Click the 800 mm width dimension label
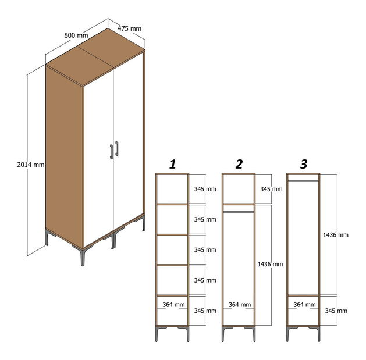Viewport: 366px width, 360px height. tap(76, 35)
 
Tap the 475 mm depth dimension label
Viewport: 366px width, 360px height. tap(129, 28)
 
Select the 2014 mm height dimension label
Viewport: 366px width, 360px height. tap(31, 165)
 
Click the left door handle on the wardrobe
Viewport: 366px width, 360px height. tap(112, 152)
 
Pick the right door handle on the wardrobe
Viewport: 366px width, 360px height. tap(117, 148)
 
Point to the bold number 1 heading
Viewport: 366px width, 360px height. tap(172, 164)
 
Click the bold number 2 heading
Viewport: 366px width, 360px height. tap(239, 164)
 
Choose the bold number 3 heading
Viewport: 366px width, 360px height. tap(304, 164)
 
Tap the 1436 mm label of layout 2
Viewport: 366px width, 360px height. tap(270, 265)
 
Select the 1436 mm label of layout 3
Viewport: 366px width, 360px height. tap(336, 235)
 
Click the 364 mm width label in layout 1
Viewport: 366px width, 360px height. tap(173, 305)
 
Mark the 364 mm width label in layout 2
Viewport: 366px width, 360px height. tap(240, 305)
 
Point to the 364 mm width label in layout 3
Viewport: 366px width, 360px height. tap(304, 305)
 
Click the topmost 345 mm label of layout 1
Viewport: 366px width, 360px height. tap(205, 189)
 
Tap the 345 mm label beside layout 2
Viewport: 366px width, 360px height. tap(272, 189)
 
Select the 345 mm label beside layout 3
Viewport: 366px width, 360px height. tap(336, 311)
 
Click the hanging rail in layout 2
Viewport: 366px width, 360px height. tap(239, 212)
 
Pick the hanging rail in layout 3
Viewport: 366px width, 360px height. tap(303, 181)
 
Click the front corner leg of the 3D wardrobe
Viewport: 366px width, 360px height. tap(82, 256)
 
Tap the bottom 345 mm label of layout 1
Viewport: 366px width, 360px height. tap(205, 311)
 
